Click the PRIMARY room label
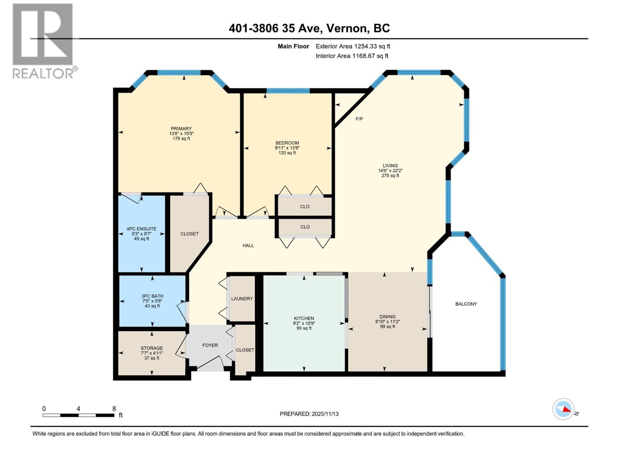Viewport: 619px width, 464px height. (181, 129)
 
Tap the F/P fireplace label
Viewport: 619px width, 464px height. (359, 119)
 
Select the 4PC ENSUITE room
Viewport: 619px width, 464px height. (142, 234)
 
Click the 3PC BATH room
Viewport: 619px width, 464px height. (152, 301)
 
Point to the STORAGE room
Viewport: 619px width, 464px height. (152, 353)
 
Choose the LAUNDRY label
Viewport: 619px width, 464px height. (242, 299)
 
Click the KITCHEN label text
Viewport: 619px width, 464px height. (304, 318)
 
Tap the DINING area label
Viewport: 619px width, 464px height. (387, 316)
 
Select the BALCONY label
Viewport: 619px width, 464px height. (466, 304)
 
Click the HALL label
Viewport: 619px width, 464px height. (248, 246)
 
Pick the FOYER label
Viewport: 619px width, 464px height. (210, 345)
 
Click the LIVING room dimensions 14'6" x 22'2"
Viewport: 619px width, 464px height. (390, 171)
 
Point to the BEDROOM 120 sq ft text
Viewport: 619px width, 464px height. (287, 153)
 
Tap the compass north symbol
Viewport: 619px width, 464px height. (564, 409)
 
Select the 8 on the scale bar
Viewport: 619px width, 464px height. (114, 408)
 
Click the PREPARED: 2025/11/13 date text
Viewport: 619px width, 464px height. (309, 414)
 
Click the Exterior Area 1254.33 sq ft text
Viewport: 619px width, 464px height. (352, 46)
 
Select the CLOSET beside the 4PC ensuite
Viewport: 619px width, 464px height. (189, 234)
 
